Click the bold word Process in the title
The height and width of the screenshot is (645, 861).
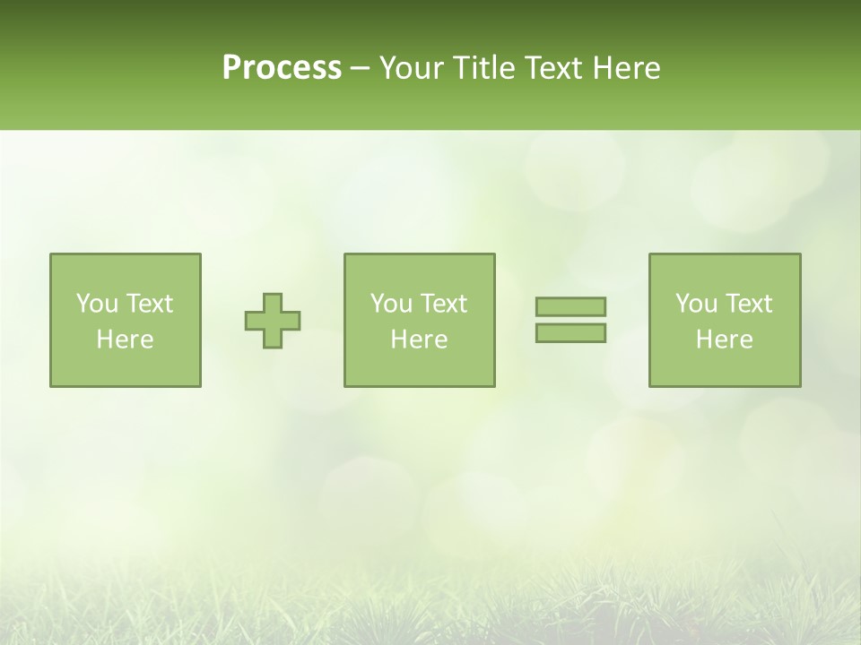[282, 68]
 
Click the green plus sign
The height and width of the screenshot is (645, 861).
[273, 321]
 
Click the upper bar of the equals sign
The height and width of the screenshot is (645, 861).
[570, 307]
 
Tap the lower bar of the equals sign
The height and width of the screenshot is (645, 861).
[570, 333]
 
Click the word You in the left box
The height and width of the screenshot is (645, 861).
[97, 304]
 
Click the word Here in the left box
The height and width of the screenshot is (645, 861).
[125, 340]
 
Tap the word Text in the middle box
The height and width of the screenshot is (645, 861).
[444, 304]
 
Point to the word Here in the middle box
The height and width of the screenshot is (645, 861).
[419, 340]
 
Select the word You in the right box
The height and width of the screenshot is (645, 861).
[696, 304]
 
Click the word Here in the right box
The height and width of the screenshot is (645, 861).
[724, 340]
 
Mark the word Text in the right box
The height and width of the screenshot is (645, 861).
[749, 304]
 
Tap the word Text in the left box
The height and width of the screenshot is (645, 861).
[150, 304]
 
